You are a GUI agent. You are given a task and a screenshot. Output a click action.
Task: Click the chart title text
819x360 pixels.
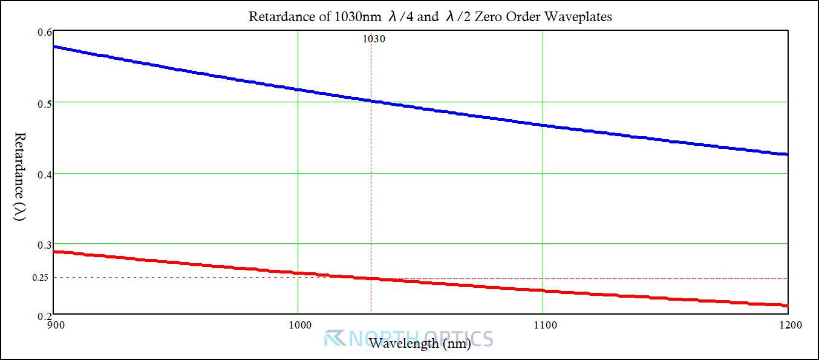click(430, 16)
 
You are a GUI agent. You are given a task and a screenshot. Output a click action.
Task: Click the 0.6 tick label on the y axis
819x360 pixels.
click(45, 32)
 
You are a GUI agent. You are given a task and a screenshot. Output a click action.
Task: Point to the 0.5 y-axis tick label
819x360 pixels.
click(45, 103)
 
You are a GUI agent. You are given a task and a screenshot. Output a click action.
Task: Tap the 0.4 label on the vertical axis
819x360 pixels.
click(45, 175)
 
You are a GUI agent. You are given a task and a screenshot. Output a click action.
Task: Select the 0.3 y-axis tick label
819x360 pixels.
click(45, 245)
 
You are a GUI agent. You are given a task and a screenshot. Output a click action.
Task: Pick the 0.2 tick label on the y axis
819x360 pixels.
click(45, 316)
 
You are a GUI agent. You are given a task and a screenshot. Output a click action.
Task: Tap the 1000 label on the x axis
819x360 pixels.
click(300, 325)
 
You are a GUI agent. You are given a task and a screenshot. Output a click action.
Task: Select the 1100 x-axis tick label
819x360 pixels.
click(545, 325)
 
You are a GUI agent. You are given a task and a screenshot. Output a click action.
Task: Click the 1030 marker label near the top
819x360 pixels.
click(374, 39)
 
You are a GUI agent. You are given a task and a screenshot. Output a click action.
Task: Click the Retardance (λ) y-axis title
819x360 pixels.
click(19, 176)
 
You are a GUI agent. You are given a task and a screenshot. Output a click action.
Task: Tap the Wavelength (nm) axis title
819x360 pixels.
click(420, 343)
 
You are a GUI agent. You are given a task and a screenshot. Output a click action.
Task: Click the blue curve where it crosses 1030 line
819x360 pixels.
click(371, 100)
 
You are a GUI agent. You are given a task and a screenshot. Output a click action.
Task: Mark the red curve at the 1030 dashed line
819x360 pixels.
click(371, 278)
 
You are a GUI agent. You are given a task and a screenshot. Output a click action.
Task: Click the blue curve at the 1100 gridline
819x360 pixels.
click(543, 125)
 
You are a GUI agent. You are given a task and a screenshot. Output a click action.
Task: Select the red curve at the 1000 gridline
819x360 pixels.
click(298, 273)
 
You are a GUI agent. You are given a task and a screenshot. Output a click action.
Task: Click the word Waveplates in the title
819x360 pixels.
click(578, 16)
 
